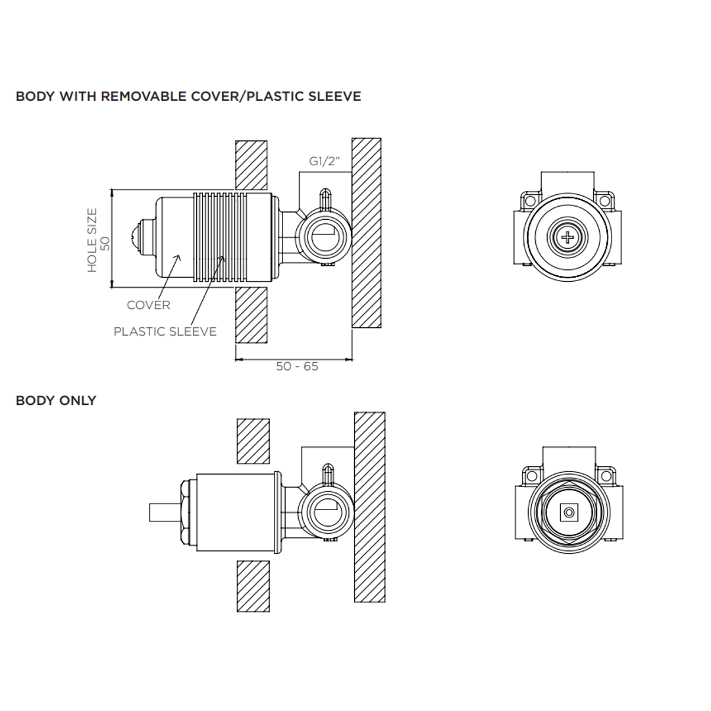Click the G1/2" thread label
tap(325, 161)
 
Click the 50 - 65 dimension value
tap(297, 367)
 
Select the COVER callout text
tap(148, 305)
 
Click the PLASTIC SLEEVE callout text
tap(165, 331)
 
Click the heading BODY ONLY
tap(56, 400)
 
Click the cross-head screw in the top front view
tap(567, 238)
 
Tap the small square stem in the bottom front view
tap(567, 512)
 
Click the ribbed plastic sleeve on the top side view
tap(220, 238)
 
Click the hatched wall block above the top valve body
tap(251, 165)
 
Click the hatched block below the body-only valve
tap(253, 586)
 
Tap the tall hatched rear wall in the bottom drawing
tap(369, 506)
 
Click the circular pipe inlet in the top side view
tap(323, 238)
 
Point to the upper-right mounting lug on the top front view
tap(604, 200)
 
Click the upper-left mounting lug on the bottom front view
tap(531, 475)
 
